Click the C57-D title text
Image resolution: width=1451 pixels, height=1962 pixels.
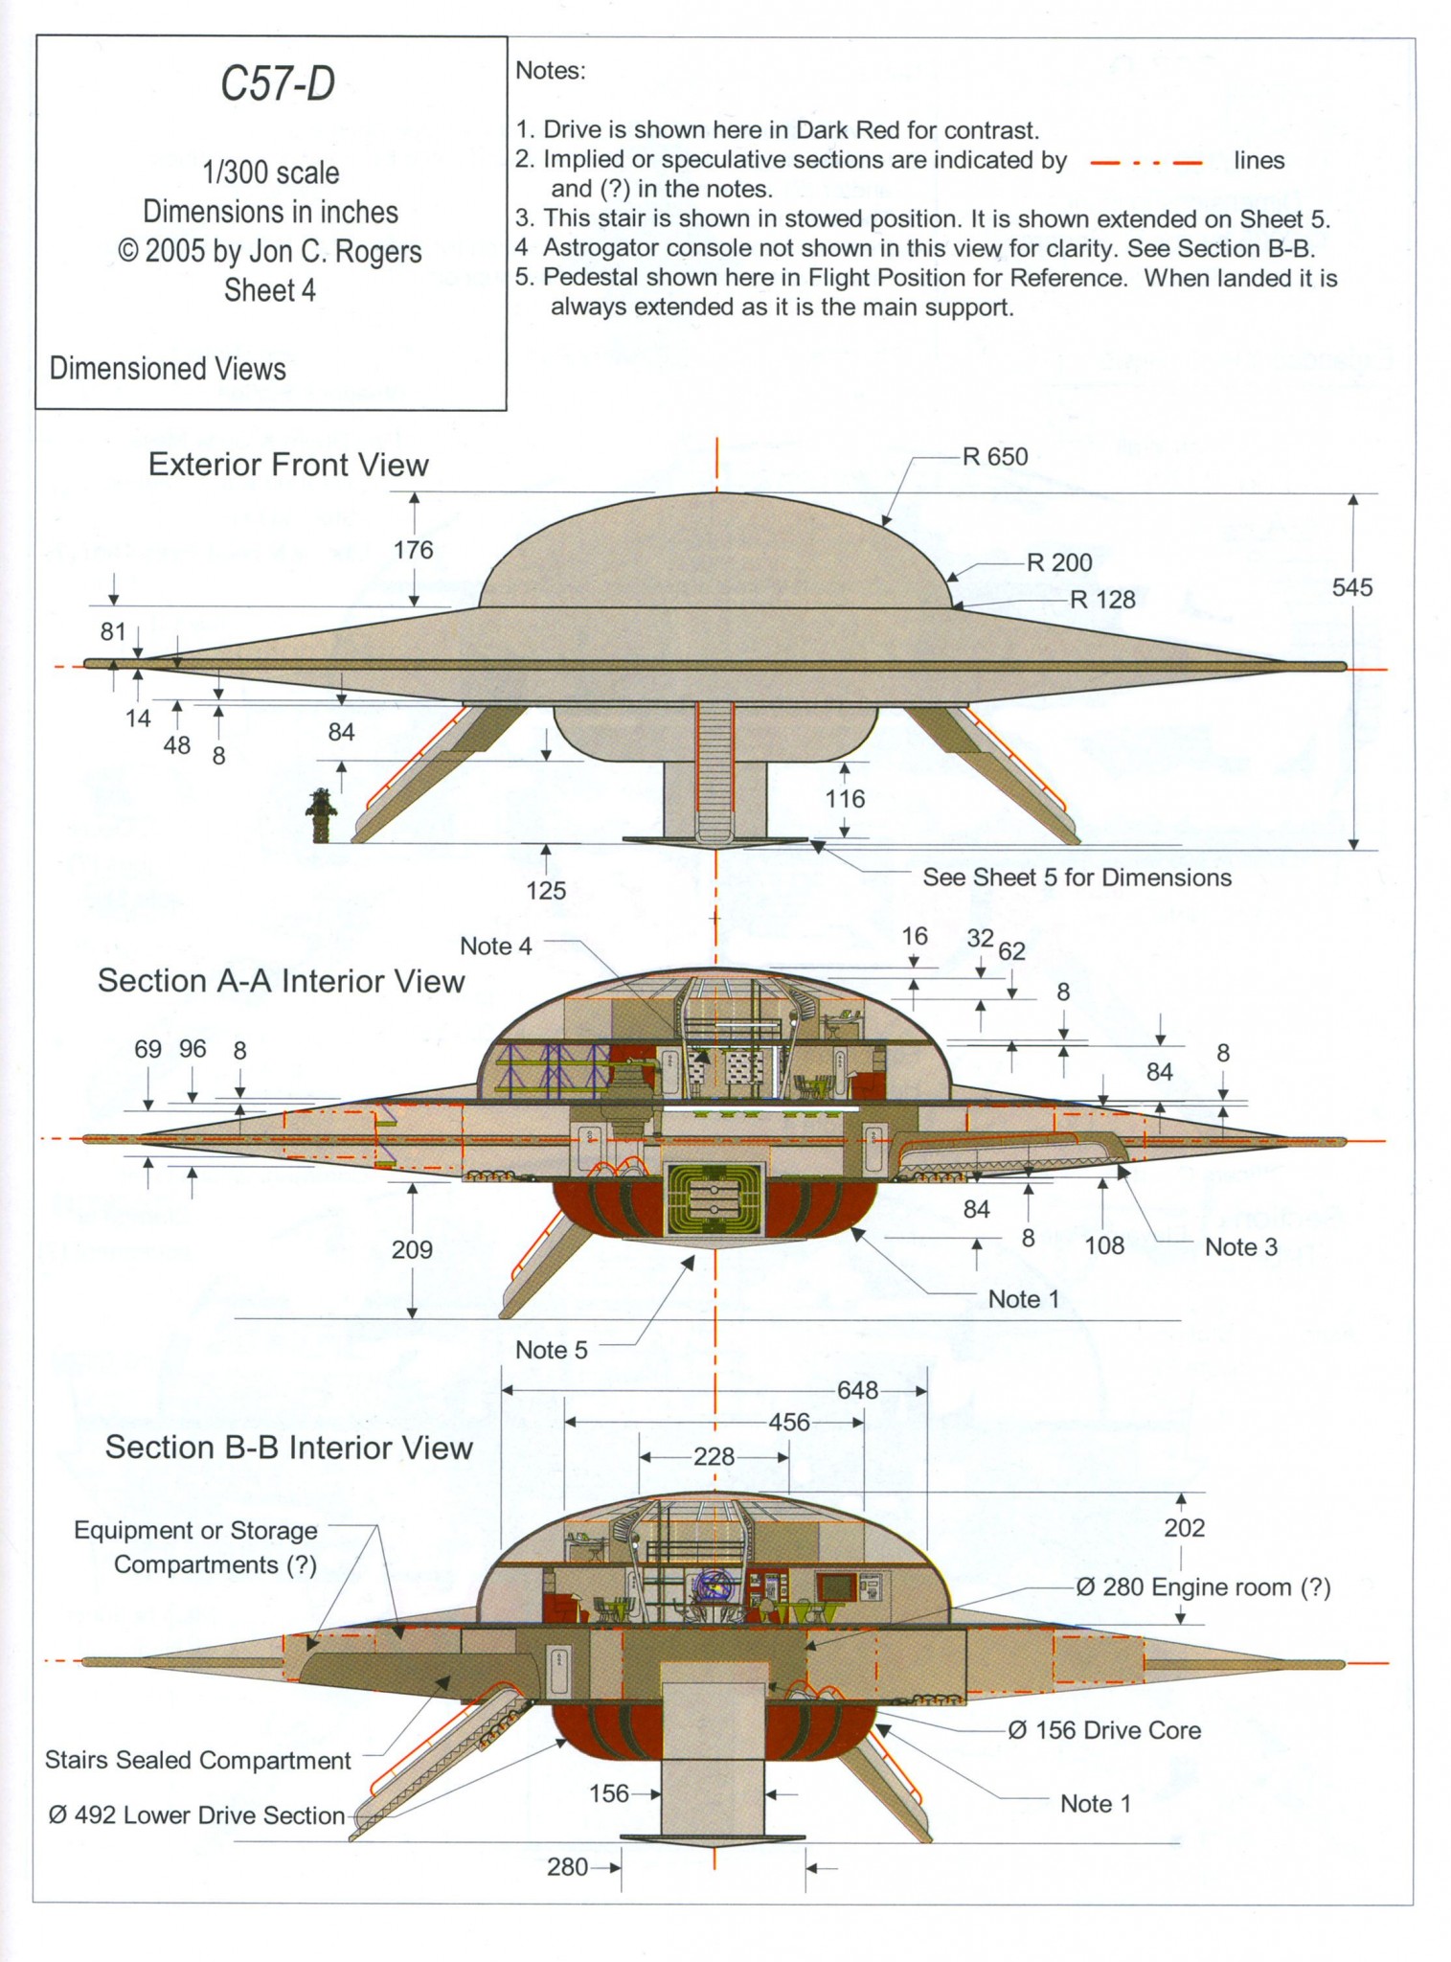[x=278, y=85]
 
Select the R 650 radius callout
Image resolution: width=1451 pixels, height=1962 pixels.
[x=995, y=457]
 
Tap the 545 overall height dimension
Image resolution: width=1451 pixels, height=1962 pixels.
[x=1351, y=587]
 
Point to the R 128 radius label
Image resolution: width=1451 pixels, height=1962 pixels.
[x=1102, y=600]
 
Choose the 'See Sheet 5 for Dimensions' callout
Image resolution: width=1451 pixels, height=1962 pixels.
[x=1077, y=878]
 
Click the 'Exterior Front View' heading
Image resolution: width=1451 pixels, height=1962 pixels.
[x=288, y=466]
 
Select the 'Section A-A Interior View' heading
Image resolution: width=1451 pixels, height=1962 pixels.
[x=281, y=981]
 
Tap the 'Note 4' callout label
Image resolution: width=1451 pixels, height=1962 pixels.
[x=495, y=946]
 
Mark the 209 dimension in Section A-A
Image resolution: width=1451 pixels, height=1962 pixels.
[x=412, y=1249]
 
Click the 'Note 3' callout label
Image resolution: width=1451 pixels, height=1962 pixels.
[x=1240, y=1246]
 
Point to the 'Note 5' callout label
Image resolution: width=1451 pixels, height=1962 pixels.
[x=551, y=1350]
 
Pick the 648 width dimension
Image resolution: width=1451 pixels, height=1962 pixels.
[x=857, y=1390]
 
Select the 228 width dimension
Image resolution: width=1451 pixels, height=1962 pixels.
[x=714, y=1457]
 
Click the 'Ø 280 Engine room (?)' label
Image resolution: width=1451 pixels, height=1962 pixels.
[x=1203, y=1588]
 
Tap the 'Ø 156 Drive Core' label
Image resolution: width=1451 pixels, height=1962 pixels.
[x=1103, y=1730]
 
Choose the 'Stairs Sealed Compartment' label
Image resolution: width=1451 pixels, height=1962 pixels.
[x=198, y=1760]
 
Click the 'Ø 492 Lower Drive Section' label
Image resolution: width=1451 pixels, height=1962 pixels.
[x=195, y=1815]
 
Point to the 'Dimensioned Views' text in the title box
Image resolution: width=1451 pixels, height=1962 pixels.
[x=168, y=369]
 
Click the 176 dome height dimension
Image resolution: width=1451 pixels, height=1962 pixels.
[x=413, y=550]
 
